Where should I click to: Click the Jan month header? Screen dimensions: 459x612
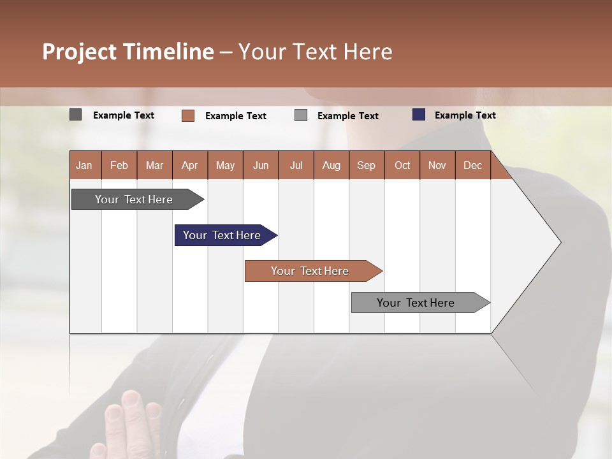click(85, 165)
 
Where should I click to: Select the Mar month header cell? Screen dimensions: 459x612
click(155, 165)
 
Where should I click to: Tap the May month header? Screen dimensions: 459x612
click(225, 165)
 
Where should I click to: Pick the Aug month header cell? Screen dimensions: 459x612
click(331, 165)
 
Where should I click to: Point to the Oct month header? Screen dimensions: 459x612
click(402, 165)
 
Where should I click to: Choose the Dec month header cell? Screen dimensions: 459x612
click(472, 165)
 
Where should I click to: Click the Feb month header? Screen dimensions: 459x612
click(119, 165)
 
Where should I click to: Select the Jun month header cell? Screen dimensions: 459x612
click(261, 165)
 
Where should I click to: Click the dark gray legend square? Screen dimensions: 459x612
click(75, 115)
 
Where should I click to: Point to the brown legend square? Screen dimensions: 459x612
click(187, 115)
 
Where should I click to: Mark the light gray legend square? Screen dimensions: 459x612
click(301, 115)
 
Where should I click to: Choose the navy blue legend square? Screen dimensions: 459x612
click(418, 115)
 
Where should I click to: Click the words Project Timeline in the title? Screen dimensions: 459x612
click(127, 52)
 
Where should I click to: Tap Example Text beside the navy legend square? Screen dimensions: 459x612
click(465, 115)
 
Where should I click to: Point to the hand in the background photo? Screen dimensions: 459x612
click(131, 424)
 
